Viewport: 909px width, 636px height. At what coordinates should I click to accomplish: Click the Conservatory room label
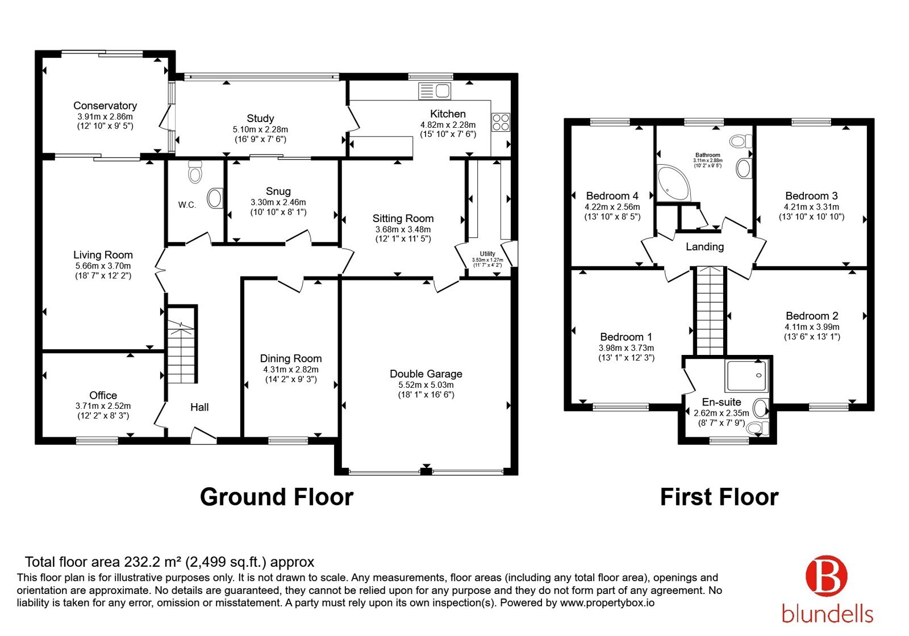(105, 106)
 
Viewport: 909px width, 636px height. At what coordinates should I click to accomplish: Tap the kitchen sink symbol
(435, 91)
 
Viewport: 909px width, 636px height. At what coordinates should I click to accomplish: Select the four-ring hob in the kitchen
(501, 122)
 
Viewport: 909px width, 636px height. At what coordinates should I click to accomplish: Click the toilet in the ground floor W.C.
(195, 172)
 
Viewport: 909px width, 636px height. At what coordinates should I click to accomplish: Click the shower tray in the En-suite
(747, 375)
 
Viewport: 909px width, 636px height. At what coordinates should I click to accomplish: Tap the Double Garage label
(426, 374)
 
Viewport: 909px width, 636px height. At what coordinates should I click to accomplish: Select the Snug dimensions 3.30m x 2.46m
(278, 202)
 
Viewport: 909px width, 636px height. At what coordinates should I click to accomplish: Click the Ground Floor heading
(277, 497)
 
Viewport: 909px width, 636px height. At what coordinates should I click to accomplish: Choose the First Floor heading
(719, 497)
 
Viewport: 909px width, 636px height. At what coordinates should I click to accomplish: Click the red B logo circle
(827, 576)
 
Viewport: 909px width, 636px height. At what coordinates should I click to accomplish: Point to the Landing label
(705, 246)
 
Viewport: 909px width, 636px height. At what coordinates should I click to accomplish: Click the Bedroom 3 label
(812, 196)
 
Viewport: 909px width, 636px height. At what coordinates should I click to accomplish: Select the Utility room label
(487, 253)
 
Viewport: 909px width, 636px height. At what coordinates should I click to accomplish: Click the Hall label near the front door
(199, 407)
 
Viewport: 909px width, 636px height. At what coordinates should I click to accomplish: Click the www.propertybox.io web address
(607, 602)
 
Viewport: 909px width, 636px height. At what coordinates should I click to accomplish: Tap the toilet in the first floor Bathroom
(741, 141)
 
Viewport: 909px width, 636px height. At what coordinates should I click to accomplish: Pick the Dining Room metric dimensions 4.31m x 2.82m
(291, 370)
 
